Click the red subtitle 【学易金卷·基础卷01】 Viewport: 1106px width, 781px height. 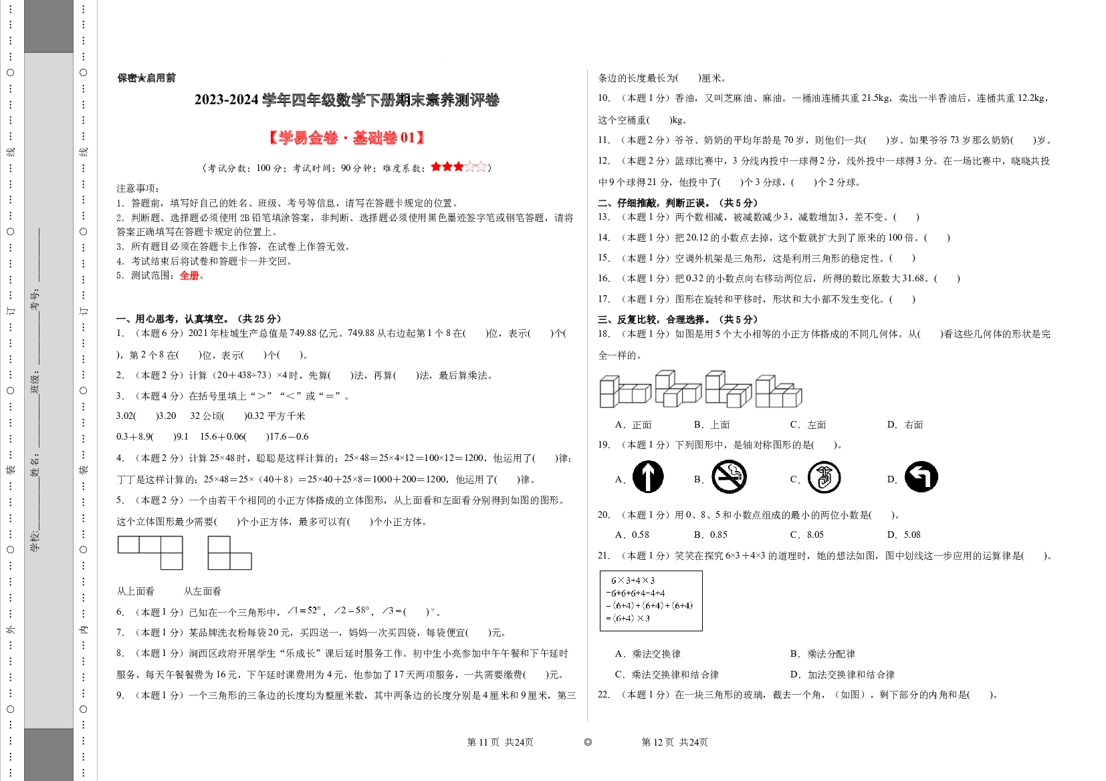pos(346,138)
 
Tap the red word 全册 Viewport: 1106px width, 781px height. pos(189,275)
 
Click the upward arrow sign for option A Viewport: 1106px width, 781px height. pos(648,476)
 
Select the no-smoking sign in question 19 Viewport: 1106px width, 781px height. pos(729,476)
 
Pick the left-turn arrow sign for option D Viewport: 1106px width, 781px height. pos(921,476)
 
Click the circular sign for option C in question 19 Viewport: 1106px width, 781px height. pos(824,477)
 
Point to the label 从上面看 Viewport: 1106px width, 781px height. pos(135,591)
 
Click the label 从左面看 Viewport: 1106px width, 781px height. pos(203,591)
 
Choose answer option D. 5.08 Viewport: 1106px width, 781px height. pos(903,535)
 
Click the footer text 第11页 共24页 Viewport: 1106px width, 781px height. pos(500,742)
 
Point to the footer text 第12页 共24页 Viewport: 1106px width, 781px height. pos(675,742)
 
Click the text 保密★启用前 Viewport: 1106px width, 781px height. pos(146,78)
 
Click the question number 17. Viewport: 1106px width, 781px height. pos(603,299)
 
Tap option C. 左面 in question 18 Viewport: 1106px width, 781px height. pos(808,424)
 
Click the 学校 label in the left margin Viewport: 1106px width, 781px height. pos(35,541)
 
